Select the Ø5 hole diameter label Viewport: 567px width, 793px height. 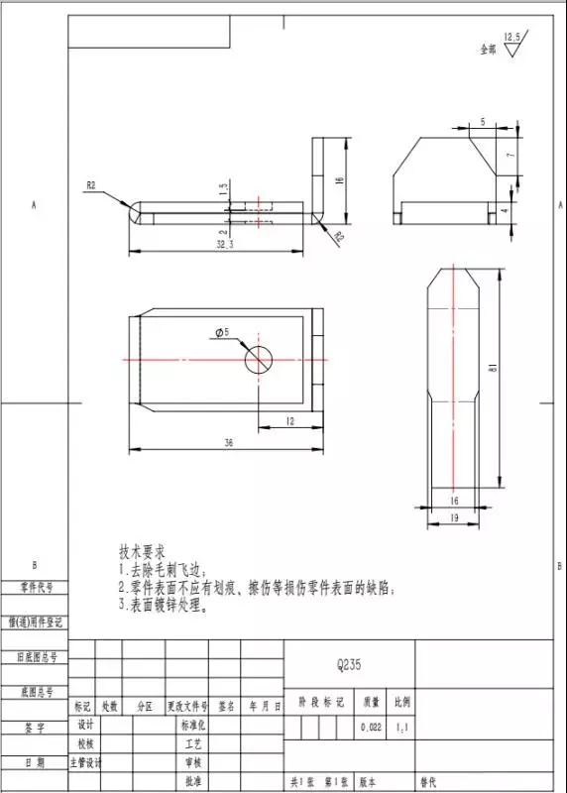coord(221,333)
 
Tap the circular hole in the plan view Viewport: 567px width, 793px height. coord(260,359)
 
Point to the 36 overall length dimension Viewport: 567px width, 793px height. coord(229,443)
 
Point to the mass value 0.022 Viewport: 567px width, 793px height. coord(372,728)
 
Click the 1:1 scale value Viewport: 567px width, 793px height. coord(401,728)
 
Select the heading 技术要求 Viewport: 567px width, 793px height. coord(142,550)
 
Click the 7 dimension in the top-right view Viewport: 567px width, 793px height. coord(510,156)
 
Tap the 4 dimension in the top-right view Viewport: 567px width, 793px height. coord(505,210)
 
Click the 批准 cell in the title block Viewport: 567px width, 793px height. coord(193,782)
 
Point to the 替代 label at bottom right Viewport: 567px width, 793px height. coord(429,782)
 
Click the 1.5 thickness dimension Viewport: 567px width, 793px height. coord(224,185)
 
